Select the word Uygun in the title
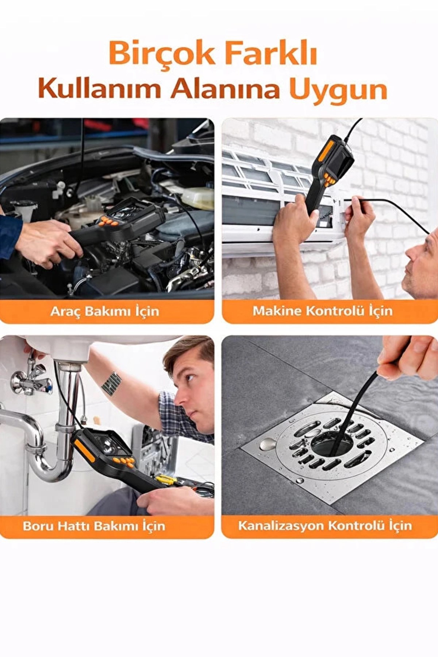[x=338, y=91]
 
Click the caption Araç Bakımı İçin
[x=105, y=311]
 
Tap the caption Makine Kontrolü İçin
[x=323, y=311]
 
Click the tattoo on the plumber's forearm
[x=111, y=384]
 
